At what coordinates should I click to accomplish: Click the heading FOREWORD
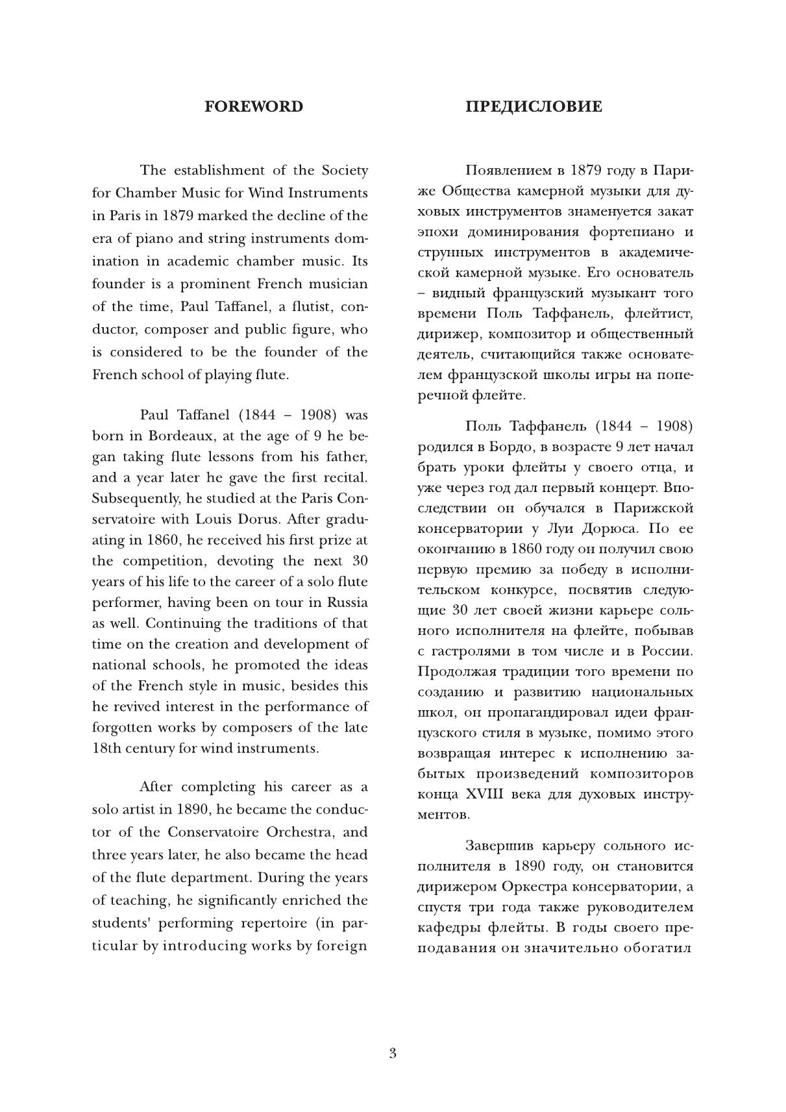[254, 107]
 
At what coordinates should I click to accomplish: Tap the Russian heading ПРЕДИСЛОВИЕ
[534, 107]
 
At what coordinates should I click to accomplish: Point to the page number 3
[393, 1053]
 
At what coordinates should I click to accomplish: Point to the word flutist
[307, 306]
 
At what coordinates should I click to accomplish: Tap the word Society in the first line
[345, 170]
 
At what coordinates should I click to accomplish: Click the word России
[668, 651]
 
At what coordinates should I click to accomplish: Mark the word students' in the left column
[123, 923]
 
